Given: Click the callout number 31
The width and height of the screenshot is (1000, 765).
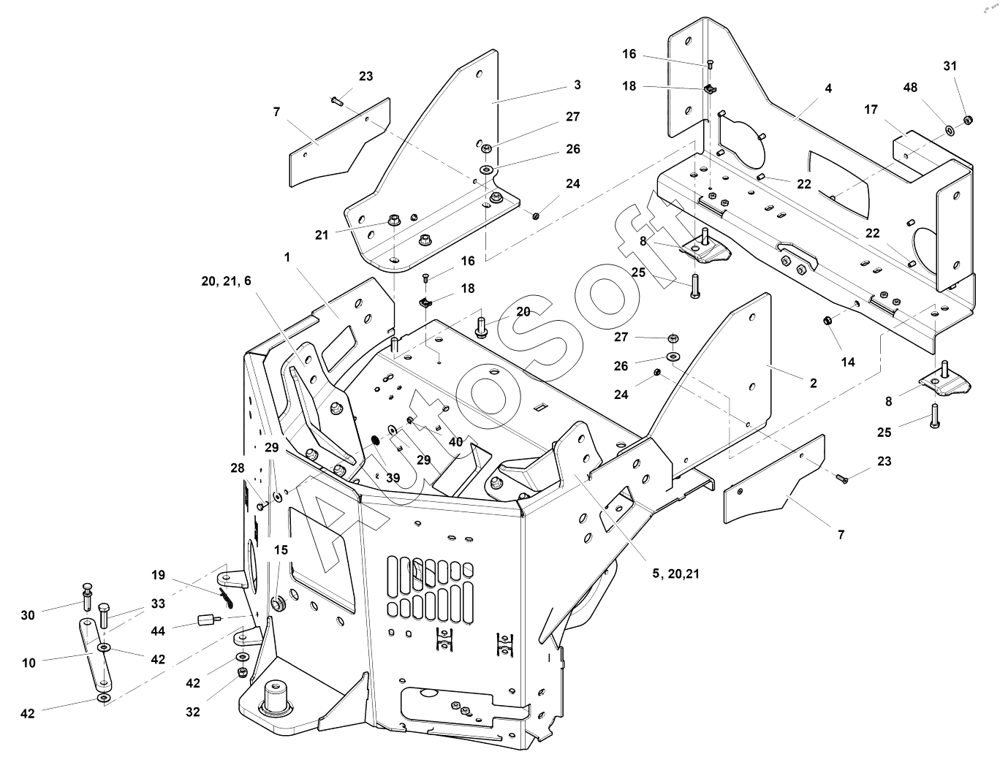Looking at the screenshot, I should coord(950,66).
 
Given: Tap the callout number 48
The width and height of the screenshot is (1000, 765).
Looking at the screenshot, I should coord(910,88).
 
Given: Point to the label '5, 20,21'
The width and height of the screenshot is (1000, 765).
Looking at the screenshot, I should coord(675,574).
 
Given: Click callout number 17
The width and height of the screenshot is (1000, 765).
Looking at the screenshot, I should coord(871,110).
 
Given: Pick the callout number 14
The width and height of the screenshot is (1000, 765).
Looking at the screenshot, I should coord(848,362).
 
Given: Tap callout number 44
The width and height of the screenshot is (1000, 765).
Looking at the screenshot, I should coord(157,631).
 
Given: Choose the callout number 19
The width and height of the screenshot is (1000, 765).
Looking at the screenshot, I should coord(159,575).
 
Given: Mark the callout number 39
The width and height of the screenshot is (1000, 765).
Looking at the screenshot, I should coord(393,478).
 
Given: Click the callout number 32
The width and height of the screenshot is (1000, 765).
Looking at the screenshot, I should coord(192,712).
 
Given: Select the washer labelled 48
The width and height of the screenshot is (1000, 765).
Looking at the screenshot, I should coord(949,130).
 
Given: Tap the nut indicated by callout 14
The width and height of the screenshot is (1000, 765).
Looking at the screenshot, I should coord(827,320).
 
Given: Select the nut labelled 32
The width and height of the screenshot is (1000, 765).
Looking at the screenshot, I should coord(241,671).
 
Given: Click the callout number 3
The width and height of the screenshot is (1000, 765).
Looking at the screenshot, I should coord(577,85).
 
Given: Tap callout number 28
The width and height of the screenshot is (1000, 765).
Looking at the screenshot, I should coord(238,468).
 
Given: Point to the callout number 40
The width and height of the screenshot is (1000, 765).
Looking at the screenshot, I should coord(455,442).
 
